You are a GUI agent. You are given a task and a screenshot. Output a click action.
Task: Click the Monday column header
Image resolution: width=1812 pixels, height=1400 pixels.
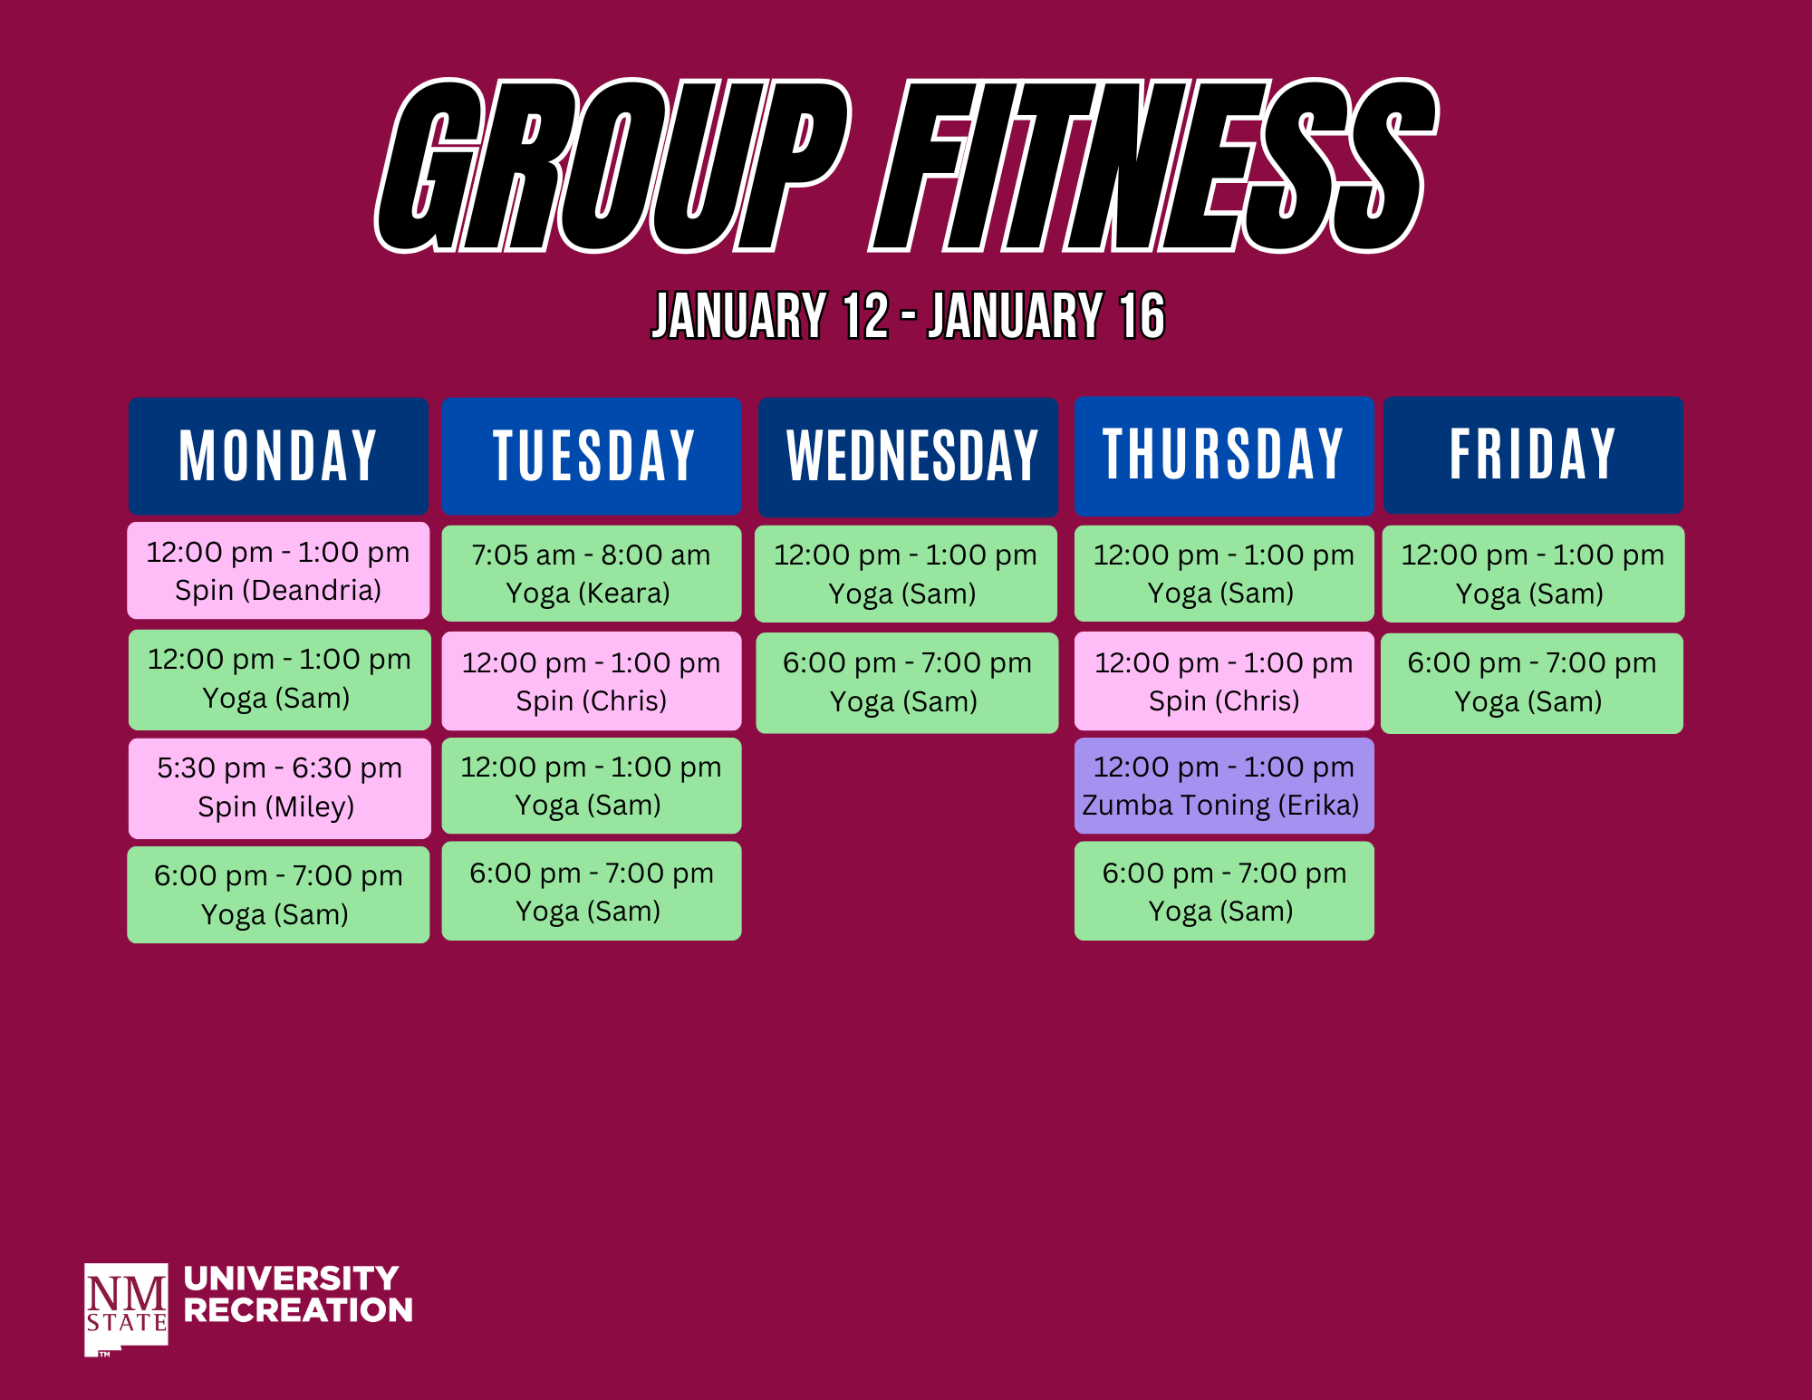coord(278,456)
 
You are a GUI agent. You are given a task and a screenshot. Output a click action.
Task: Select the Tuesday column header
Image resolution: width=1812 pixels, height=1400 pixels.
coord(592,456)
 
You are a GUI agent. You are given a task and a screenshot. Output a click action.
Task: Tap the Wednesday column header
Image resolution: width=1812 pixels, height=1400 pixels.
coord(908,457)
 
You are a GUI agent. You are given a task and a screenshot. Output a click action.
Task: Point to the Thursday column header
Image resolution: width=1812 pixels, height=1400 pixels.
coord(1224,455)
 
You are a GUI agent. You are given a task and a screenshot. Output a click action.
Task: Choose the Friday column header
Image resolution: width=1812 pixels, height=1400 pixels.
coord(1533,454)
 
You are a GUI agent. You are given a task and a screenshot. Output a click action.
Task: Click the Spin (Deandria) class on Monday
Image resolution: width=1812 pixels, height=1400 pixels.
coord(278,571)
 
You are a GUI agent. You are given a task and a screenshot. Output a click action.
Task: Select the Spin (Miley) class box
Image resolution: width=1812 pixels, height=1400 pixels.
coord(279,788)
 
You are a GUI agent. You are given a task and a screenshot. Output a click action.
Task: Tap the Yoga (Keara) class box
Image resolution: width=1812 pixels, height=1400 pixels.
coord(591,574)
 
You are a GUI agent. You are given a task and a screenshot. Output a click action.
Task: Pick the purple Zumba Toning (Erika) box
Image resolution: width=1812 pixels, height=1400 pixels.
coord(1224,786)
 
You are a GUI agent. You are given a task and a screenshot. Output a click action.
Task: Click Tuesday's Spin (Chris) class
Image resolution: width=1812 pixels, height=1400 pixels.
coord(591,681)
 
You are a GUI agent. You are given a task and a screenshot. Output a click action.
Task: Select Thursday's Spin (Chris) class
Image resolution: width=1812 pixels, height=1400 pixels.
coord(1224,681)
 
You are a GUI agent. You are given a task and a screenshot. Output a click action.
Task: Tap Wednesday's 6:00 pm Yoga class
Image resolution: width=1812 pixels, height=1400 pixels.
coord(907,682)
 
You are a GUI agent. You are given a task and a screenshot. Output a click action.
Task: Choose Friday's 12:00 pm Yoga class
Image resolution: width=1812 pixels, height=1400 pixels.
coord(1533,574)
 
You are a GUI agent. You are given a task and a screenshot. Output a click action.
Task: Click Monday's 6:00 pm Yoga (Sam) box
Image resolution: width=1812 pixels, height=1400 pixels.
coord(278,894)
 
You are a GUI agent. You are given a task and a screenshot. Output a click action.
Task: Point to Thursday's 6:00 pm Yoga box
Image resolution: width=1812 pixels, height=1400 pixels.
coord(1224,891)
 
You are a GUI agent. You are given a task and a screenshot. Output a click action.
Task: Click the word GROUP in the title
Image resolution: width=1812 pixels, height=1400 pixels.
coord(613,166)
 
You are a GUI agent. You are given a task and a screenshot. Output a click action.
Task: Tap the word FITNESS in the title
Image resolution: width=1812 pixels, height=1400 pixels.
coord(1153,166)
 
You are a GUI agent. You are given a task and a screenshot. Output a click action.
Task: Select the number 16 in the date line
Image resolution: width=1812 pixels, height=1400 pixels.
coord(1142,316)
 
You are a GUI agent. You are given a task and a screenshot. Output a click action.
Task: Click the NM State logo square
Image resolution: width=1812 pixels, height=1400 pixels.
coord(126,1309)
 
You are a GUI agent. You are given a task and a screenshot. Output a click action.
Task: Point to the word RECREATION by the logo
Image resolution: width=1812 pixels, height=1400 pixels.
coord(298,1310)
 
